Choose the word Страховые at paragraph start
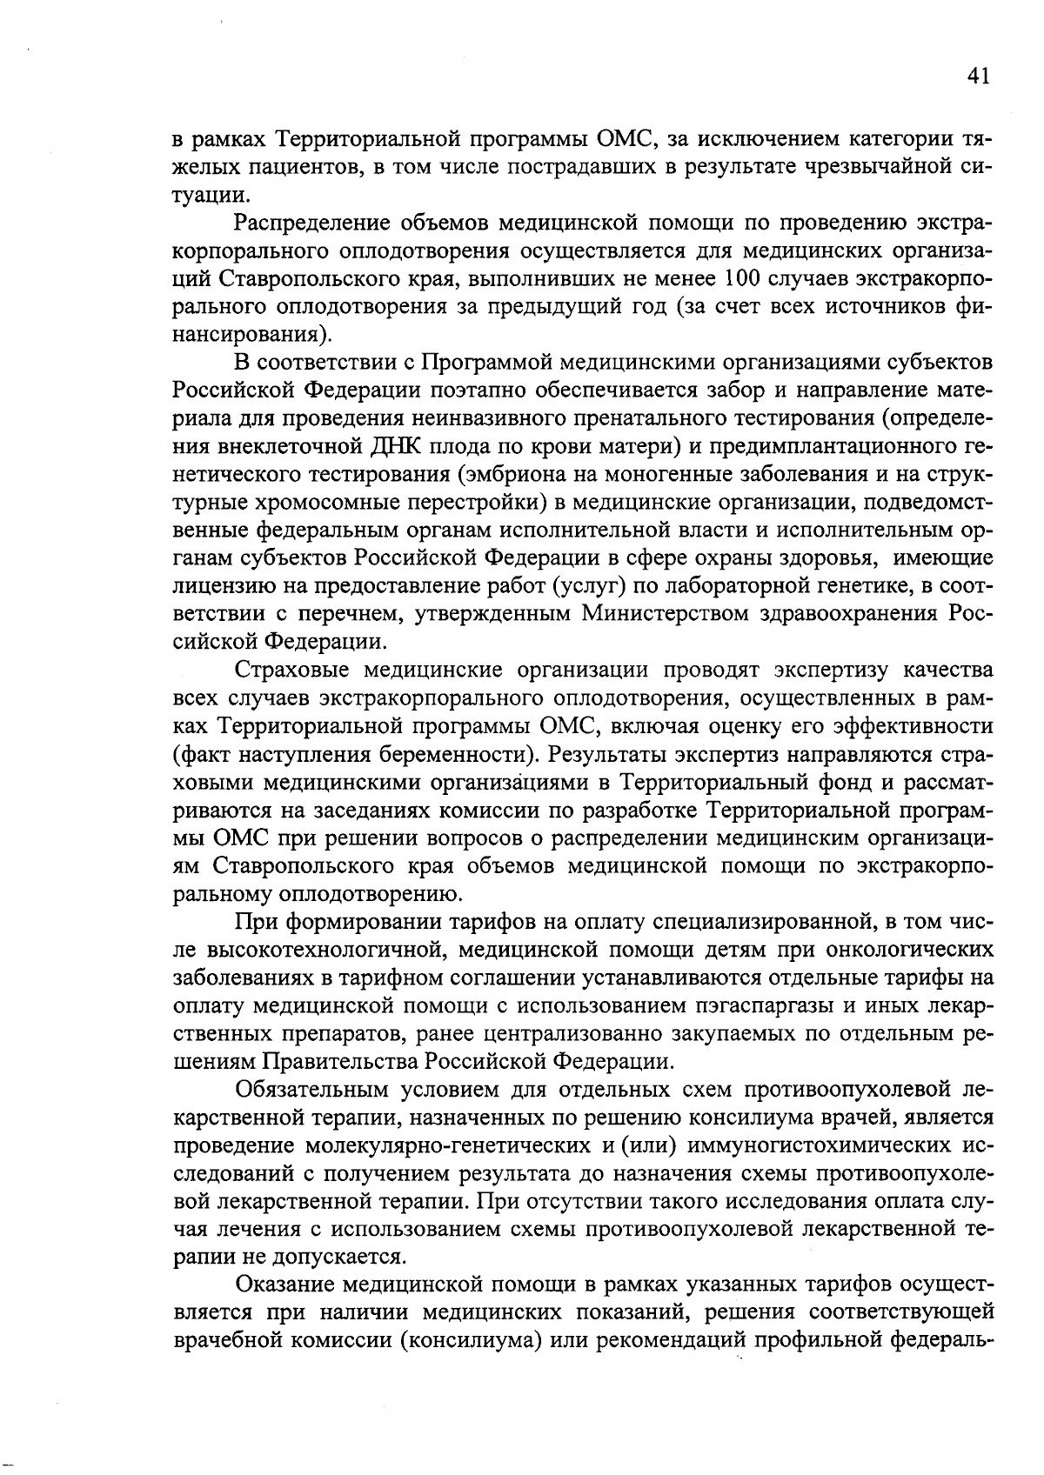(291, 670)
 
